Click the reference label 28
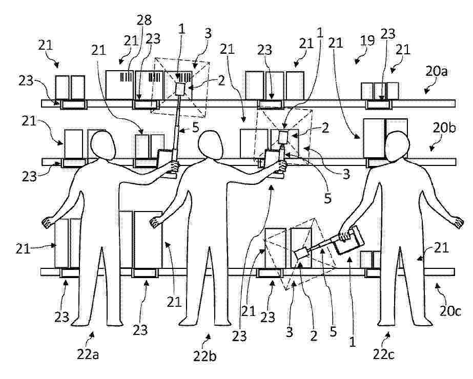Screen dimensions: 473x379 (x=144, y=20)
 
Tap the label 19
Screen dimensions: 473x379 (x=367, y=40)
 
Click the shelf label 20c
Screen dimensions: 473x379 (x=450, y=310)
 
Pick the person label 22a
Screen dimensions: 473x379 (x=88, y=354)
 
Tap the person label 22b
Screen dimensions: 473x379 (x=204, y=356)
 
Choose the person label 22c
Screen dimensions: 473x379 (x=383, y=354)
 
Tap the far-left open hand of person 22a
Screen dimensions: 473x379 (x=48, y=223)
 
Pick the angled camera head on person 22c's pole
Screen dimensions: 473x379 (x=302, y=254)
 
